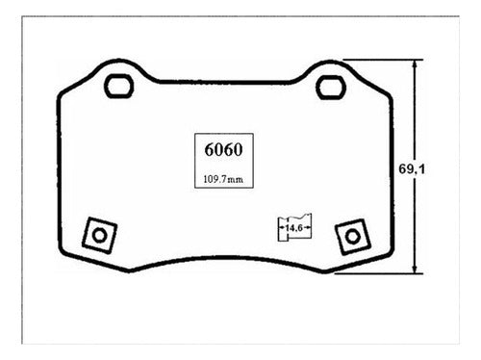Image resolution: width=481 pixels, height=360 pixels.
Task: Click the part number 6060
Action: coord(223,149)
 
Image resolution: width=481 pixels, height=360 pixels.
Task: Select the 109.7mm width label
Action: coord(223,179)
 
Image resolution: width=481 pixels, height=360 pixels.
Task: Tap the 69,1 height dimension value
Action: coord(412,169)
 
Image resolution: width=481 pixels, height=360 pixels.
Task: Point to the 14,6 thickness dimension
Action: coord(294,228)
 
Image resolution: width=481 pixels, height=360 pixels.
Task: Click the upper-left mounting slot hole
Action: coord(118,86)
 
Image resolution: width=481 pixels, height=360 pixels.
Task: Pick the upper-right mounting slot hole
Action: coord(331,88)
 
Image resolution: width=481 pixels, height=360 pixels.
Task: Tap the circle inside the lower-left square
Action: coord(99,236)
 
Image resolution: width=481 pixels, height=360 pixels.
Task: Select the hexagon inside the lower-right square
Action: coord(352,237)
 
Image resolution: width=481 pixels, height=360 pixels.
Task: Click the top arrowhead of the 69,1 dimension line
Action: coord(415,64)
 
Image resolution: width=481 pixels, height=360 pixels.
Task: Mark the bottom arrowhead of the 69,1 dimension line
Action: coord(415,269)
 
